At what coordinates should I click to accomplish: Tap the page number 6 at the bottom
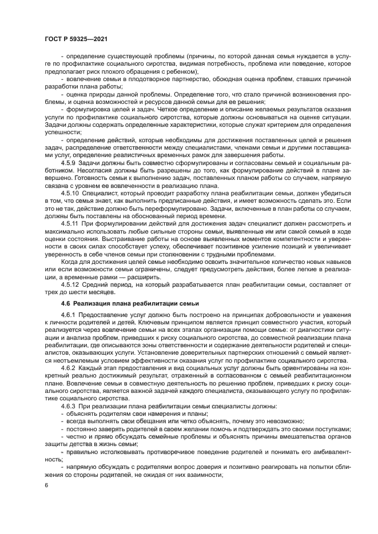coord(46,484)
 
